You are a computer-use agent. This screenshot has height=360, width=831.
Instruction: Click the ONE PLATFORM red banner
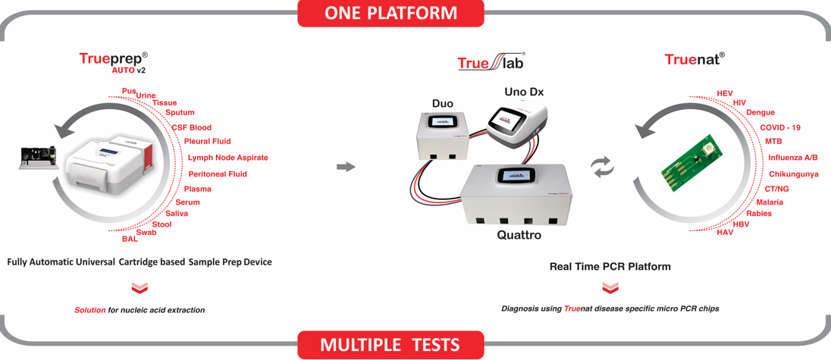coord(390,13)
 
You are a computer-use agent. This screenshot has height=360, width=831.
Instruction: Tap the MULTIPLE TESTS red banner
coord(390,345)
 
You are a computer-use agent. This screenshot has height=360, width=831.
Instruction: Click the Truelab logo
coord(492,61)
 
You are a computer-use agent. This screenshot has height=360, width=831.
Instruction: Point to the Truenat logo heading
coord(695,59)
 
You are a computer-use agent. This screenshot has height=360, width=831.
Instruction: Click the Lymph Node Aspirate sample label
coord(228,158)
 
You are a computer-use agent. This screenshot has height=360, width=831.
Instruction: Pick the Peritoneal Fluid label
coord(218,174)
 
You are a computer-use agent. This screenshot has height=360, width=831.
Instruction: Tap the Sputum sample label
coord(180,112)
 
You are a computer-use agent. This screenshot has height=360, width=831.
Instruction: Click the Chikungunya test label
coord(793,174)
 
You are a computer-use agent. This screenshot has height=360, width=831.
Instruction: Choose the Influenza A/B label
coord(793,157)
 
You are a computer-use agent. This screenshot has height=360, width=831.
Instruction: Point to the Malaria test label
coord(770,202)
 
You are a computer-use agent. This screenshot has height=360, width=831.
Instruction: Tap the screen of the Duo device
coord(441,121)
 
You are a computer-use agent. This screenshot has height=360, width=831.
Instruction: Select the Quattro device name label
coord(519,234)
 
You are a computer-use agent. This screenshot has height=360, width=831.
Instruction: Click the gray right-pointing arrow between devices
coord(346,167)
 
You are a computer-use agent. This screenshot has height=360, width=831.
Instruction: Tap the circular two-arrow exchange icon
coord(603,167)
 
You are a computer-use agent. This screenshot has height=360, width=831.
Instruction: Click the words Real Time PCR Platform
coord(610,267)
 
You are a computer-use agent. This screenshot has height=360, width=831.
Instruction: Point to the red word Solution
coord(89,310)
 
